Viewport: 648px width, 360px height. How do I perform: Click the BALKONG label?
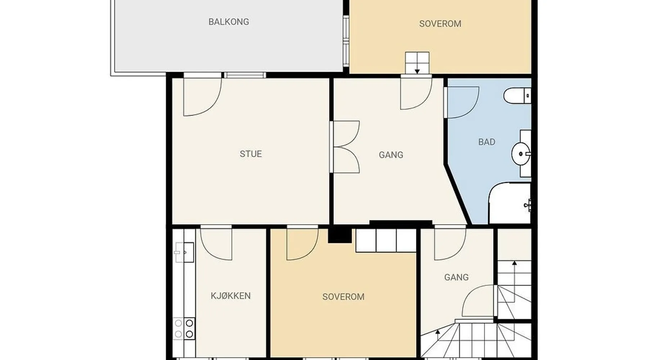pos(229,22)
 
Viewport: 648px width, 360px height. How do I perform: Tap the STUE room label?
pos(251,154)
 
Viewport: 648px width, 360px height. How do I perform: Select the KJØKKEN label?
pos(230,296)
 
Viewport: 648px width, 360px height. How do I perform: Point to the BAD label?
pos(486,142)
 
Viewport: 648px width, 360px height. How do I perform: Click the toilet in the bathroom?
pos(517,96)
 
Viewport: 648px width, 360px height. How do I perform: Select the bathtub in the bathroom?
pos(509,203)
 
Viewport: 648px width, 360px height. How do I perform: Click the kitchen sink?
pos(184,252)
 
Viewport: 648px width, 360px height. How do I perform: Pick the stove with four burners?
pos(184,329)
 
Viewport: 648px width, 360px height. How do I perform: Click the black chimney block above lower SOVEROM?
pos(339,235)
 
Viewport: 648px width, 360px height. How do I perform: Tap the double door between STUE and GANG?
pos(345,147)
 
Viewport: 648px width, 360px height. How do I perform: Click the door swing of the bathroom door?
pos(462,102)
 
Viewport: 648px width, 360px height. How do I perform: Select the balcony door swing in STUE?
pos(203,96)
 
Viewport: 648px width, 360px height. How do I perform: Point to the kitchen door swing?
pos(216,244)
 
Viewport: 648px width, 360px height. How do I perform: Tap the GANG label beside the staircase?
pos(456,277)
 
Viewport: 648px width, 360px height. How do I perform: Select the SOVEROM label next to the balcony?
pos(440,24)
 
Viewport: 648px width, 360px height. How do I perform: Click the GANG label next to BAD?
pos(391,155)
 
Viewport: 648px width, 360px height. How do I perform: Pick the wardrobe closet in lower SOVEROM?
pos(386,240)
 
